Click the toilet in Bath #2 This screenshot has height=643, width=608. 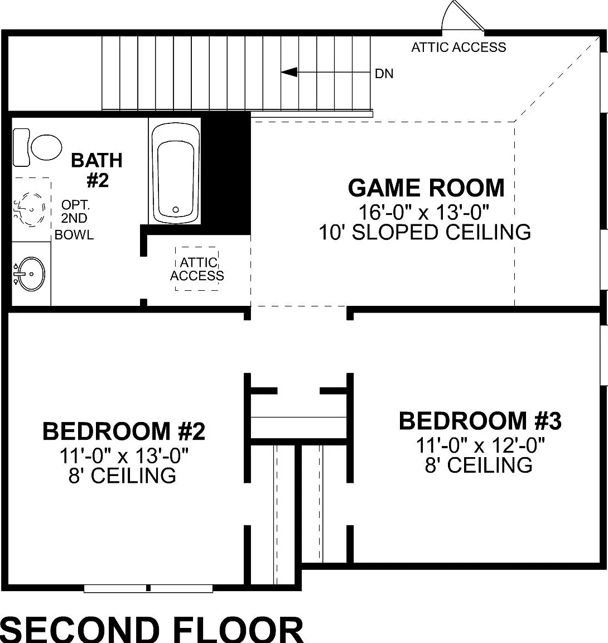click(37, 147)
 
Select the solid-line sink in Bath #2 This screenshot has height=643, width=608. click(30, 273)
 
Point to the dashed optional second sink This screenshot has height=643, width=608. click(30, 209)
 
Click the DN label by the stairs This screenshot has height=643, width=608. click(384, 74)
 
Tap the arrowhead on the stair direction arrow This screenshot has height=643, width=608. click(289, 72)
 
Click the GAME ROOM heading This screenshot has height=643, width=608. click(426, 188)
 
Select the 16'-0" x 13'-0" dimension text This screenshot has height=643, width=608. click(423, 212)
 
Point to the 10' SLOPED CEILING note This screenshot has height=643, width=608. click(425, 232)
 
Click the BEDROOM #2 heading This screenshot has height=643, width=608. click(124, 431)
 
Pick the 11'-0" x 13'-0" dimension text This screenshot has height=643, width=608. click(124, 455)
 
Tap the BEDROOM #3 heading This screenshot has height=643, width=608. click(480, 421)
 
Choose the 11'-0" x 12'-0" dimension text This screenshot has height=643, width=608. click(480, 445)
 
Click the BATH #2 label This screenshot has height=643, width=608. click(97, 170)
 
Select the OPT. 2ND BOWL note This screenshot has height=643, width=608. click(74, 219)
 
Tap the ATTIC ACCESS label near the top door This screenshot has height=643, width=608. click(459, 47)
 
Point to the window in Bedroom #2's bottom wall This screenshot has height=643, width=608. click(148, 588)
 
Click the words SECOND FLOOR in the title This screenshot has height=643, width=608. click(152, 630)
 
